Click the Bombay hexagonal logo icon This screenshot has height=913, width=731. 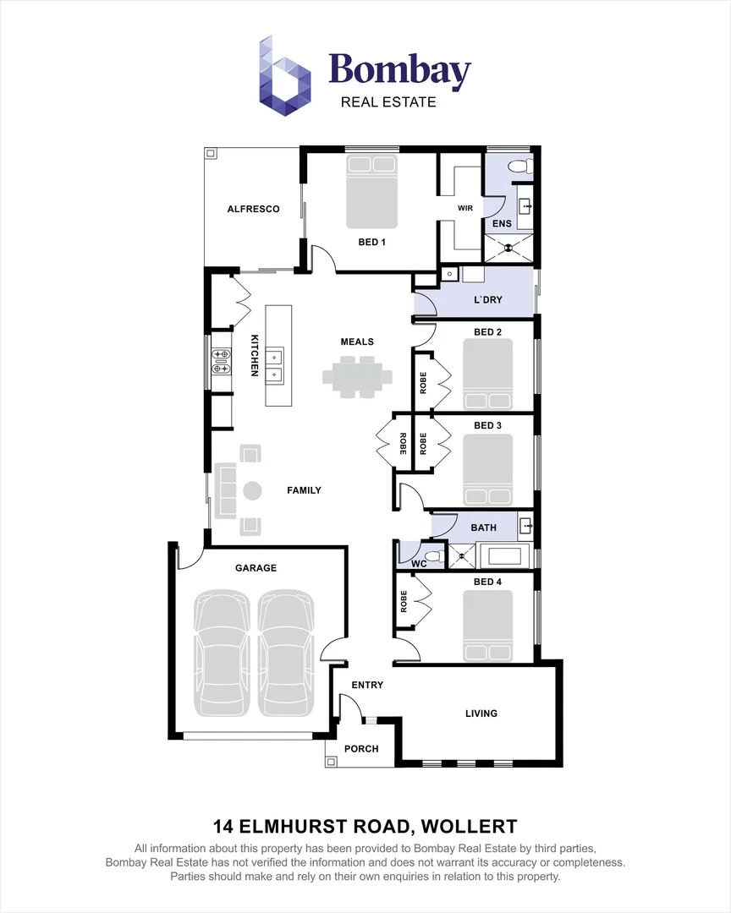coord(284,76)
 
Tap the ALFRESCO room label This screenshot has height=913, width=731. coord(253,209)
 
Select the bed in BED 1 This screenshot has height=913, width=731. coord(372,191)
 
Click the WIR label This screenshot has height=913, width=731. coord(465,208)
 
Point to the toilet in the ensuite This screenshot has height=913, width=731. coord(520,167)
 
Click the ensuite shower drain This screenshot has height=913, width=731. coord(508,248)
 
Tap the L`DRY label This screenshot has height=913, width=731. coord(488,299)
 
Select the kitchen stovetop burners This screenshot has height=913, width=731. coord(221,361)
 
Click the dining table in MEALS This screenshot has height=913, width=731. coord(357,377)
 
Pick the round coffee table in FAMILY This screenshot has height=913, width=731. coord(252,490)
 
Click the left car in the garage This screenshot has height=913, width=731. coord(222,653)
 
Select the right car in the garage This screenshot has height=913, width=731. coord(286,653)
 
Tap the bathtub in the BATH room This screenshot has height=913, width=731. coord(505,555)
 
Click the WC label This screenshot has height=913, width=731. coord(419,564)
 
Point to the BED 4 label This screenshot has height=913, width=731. coord(487,582)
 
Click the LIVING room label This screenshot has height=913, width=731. coord(481,713)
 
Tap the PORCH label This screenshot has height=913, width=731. coord(361,749)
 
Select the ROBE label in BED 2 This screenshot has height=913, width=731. coord(423,383)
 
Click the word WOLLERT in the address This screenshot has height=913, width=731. coord(469,826)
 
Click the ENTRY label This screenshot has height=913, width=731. coord(367,685)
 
